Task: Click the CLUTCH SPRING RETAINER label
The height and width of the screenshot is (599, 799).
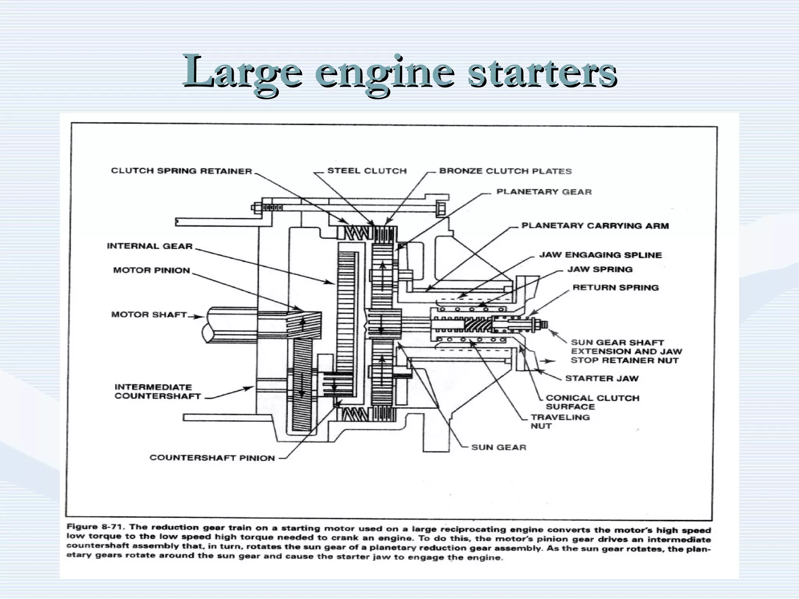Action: pyautogui.click(x=181, y=171)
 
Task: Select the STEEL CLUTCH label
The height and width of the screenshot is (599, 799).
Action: pyautogui.click(x=367, y=171)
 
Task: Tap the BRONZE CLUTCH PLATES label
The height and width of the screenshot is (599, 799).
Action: pyautogui.click(x=505, y=171)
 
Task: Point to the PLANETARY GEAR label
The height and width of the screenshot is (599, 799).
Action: pyautogui.click(x=544, y=192)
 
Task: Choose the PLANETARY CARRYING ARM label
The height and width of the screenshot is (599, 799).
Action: pyautogui.click(x=595, y=226)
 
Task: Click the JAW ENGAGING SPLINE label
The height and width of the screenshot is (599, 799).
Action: pyautogui.click(x=600, y=255)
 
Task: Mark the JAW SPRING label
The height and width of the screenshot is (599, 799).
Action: pyautogui.click(x=600, y=269)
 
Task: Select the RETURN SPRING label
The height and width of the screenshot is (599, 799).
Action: pyautogui.click(x=615, y=288)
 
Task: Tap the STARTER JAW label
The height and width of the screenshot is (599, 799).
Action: pyautogui.click(x=602, y=378)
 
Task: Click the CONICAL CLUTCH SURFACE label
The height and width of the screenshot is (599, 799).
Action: pyautogui.click(x=592, y=402)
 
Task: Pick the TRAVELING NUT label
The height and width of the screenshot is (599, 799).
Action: pyautogui.click(x=560, y=421)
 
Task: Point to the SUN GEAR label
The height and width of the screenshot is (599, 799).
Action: pyautogui.click(x=499, y=447)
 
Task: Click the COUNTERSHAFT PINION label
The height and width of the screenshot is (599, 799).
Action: pyautogui.click(x=212, y=458)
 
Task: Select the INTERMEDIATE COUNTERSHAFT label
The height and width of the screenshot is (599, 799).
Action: pyautogui.click(x=157, y=392)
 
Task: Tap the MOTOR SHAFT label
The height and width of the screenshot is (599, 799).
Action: pyautogui.click(x=149, y=314)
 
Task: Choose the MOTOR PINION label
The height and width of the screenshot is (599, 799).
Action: pyautogui.click(x=151, y=270)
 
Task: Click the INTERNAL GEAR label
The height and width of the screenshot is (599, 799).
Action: pyautogui.click(x=150, y=246)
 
